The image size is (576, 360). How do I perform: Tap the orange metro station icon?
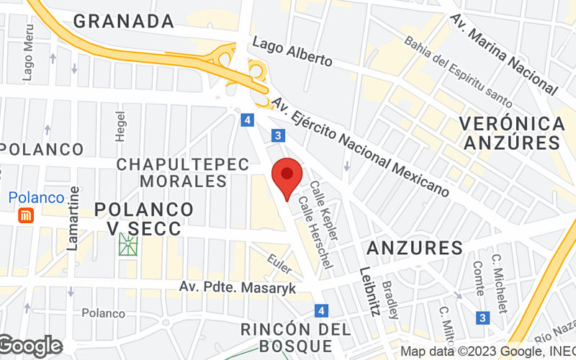[x=26, y=215]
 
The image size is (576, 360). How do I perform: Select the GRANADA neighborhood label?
[x=124, y=21]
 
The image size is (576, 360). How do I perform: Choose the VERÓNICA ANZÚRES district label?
[x=513, y=132]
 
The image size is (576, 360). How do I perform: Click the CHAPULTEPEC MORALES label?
[x=183, y=173]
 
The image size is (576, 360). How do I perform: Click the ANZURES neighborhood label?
[x=414, y=249]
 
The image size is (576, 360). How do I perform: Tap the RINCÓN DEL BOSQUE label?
[x=296, y=338]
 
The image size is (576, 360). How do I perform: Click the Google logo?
[x=30, y=346]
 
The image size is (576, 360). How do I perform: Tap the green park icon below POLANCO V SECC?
[x=129, y=246]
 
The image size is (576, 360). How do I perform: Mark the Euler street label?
[x=279, y=264]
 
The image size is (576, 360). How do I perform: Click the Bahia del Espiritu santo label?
[x=457, y=71]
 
